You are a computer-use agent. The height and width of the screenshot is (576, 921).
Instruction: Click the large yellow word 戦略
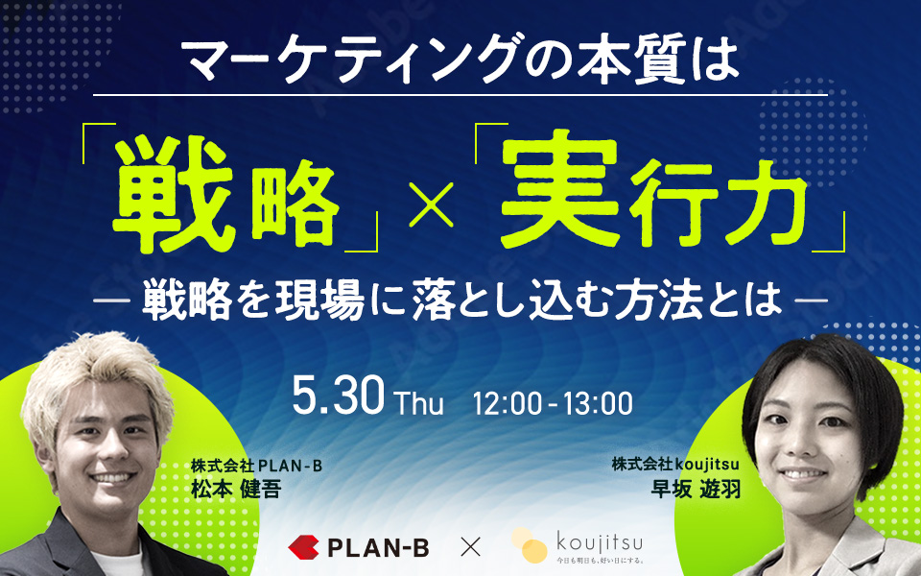pos(226,195)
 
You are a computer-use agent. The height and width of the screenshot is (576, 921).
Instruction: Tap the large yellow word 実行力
pos(653,188)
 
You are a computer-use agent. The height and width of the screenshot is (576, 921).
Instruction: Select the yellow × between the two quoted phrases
pos(431,204)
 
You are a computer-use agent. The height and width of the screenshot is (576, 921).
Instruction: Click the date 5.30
pos(339,396)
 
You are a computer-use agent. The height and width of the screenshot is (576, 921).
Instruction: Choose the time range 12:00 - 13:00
pos(553,403)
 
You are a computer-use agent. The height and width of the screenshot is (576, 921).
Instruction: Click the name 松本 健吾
pos(236,489)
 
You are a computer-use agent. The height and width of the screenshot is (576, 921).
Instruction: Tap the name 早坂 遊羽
pos(696,489)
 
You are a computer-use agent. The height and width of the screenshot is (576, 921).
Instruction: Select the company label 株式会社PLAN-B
pos(257,466)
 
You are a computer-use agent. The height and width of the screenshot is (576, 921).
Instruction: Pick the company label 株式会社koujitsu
pos(675,465)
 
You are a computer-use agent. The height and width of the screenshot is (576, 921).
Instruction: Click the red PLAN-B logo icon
pos(303,547)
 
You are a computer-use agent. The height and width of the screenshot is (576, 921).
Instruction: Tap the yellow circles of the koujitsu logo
pos(529,545)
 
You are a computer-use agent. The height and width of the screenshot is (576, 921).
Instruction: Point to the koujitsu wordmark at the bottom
pos(599,540)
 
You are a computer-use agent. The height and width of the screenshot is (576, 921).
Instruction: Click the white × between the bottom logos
pos(470,547)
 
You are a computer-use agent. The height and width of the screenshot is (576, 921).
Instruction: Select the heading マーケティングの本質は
pos(461,59)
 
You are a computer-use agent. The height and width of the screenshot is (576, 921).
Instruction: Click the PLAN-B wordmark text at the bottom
pos(378,548)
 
